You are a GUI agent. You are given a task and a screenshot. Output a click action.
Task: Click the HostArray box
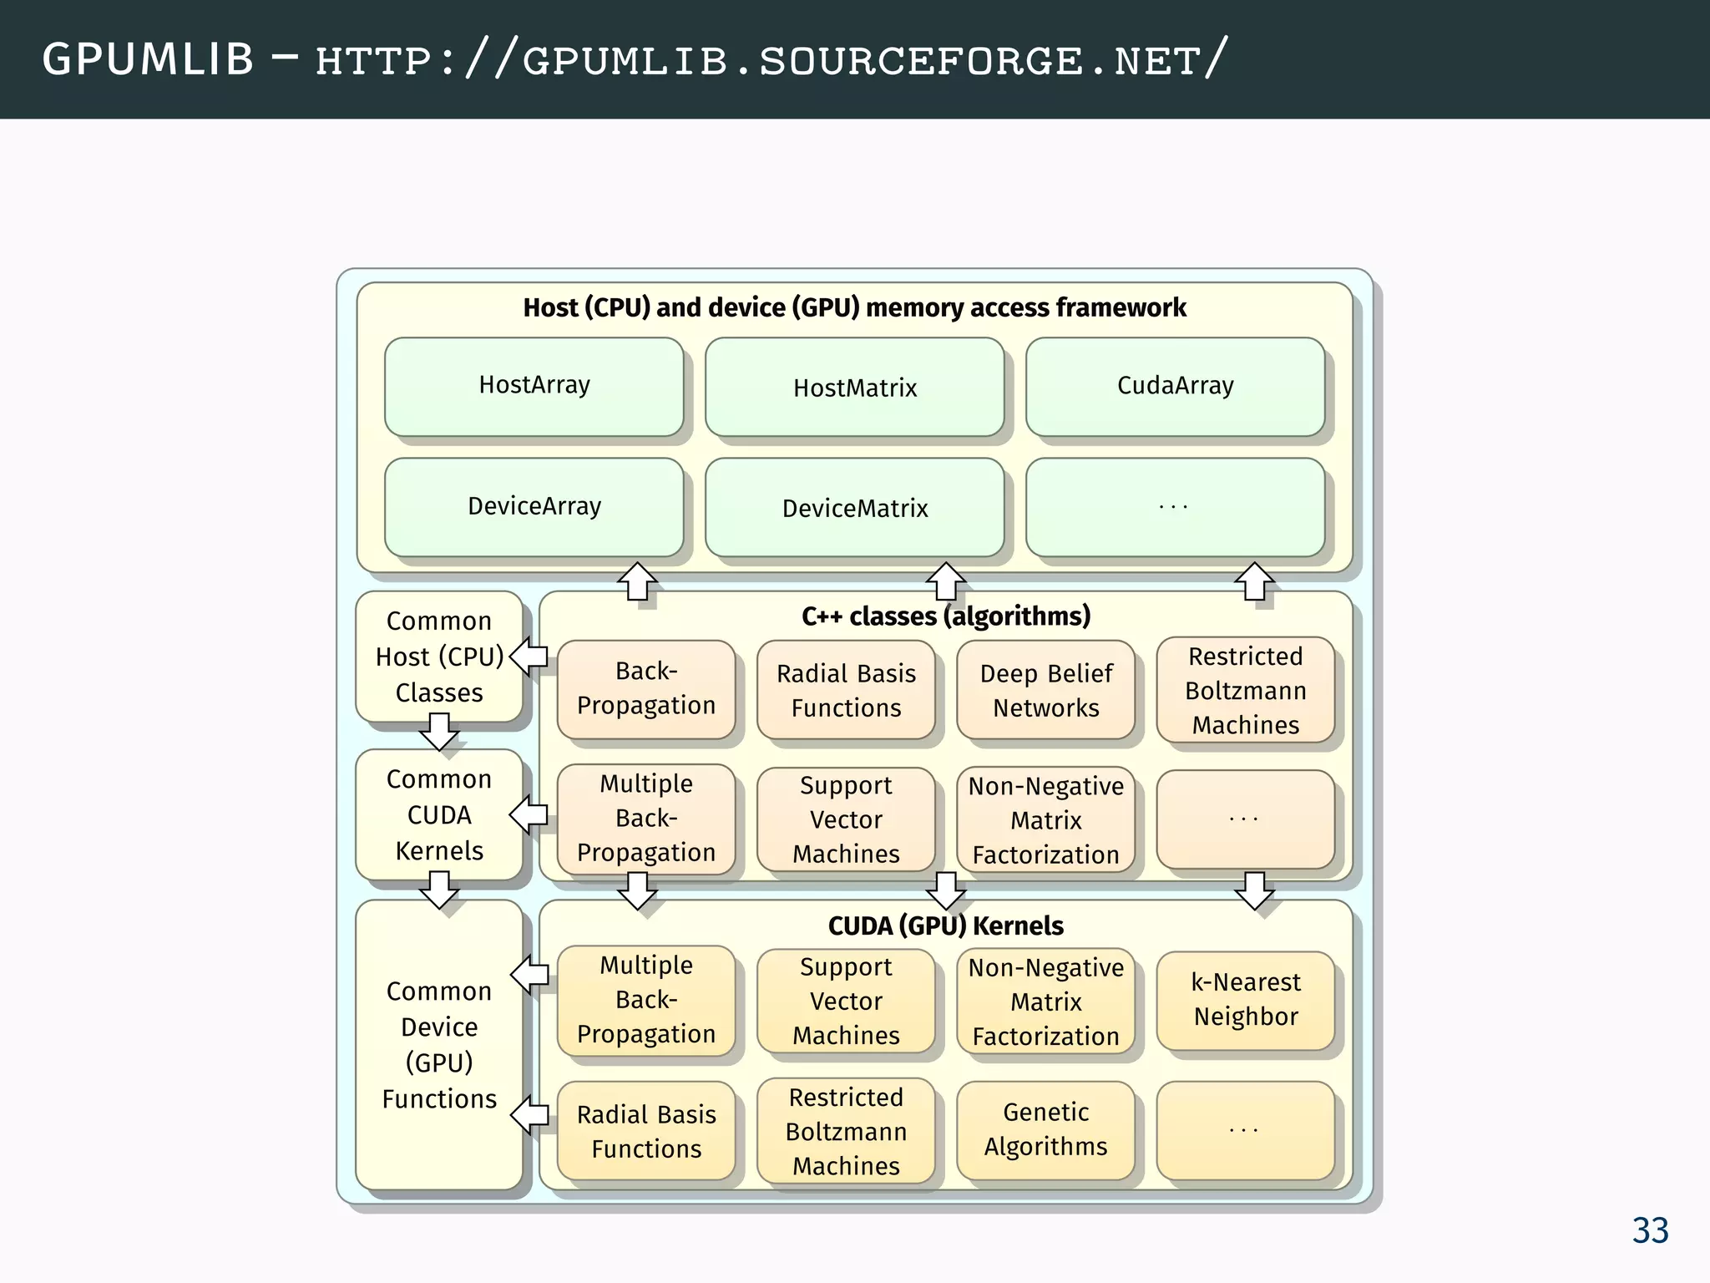pyautogui.click(x=534, y=386)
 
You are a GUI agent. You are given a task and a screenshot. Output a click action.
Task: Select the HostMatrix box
pyautogui.click(x=854, y=388)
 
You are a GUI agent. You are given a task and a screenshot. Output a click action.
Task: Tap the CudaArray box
pyautogui.click(x=1175, y=386)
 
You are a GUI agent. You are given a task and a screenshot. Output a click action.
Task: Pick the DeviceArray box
pyautogui.click(x=534, y=506)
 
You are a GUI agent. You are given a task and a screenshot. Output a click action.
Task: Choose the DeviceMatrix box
pyautogui.click(x=854, y=508)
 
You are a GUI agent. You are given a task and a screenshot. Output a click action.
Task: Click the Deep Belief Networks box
pyautogui.click(x=1045, y=690)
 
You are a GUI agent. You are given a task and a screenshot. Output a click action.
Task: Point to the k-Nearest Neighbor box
pyautogui.click(x=1245, y=1000)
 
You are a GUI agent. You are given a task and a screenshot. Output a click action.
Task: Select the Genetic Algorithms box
pyautogui.click(x=1045, y=1129)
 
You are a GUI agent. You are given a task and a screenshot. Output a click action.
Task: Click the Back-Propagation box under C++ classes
pyautogui.click(x=645, y=688)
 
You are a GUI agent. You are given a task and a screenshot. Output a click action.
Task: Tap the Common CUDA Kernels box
pyautogui.click(x=439, y=814)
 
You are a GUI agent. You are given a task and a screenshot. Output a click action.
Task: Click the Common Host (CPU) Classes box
pyautogui.click(x=439, y=657)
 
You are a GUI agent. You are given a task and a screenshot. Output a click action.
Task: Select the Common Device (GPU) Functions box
pyautogui.click(x=439, y=1044)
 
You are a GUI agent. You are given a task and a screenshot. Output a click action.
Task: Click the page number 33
pyautogui.click(x=1650, y=1230)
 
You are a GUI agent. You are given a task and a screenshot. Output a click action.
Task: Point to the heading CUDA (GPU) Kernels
pyautogui.click(x=945, y=925)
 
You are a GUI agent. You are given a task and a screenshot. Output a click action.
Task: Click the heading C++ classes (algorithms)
pyautogui.click(x=945, y=616)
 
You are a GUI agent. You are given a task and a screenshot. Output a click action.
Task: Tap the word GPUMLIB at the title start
pyautogui.click(x=148, y=60)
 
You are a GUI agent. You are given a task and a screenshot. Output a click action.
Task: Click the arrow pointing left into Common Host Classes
pyautogui.click(x=529, y=657)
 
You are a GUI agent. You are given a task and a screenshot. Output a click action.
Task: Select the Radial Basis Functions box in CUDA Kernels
pyautogui.click(x=645, y=1131)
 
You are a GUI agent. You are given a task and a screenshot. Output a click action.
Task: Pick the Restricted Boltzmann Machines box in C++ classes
pyautogui.click(x=1245, y=690)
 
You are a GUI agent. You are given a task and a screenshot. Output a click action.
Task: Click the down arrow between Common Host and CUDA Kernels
pyautogui.click(x=439, y=732)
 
